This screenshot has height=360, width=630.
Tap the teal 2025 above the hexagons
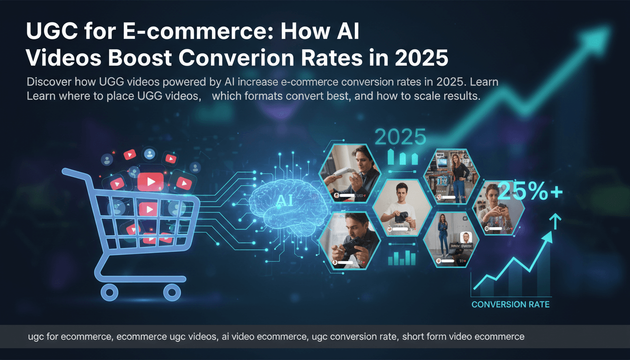point(400,137)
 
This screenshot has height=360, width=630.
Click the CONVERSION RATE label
point(510,305)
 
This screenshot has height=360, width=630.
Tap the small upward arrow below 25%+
point(555,220)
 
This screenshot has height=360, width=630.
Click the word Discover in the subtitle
point(50,82)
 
